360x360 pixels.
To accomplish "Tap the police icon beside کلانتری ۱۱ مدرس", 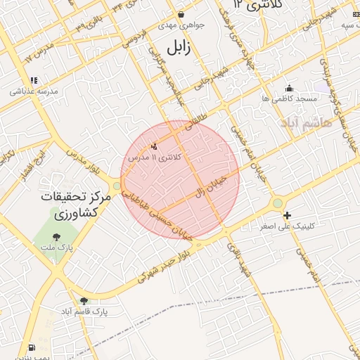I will [154, 146].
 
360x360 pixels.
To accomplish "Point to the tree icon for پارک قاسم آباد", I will [84, 301].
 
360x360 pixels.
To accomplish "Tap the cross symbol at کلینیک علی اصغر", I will [286, 215].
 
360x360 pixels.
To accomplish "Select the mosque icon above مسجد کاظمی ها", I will [289, 88].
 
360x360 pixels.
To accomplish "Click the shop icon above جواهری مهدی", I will [181, 14].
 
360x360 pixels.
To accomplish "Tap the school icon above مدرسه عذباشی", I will [34, 80].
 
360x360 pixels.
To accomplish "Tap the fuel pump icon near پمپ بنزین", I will [31, 347].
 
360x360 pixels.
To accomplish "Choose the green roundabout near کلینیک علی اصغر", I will [278, 203].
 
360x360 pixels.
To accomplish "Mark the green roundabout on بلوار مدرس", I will [116, 186].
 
